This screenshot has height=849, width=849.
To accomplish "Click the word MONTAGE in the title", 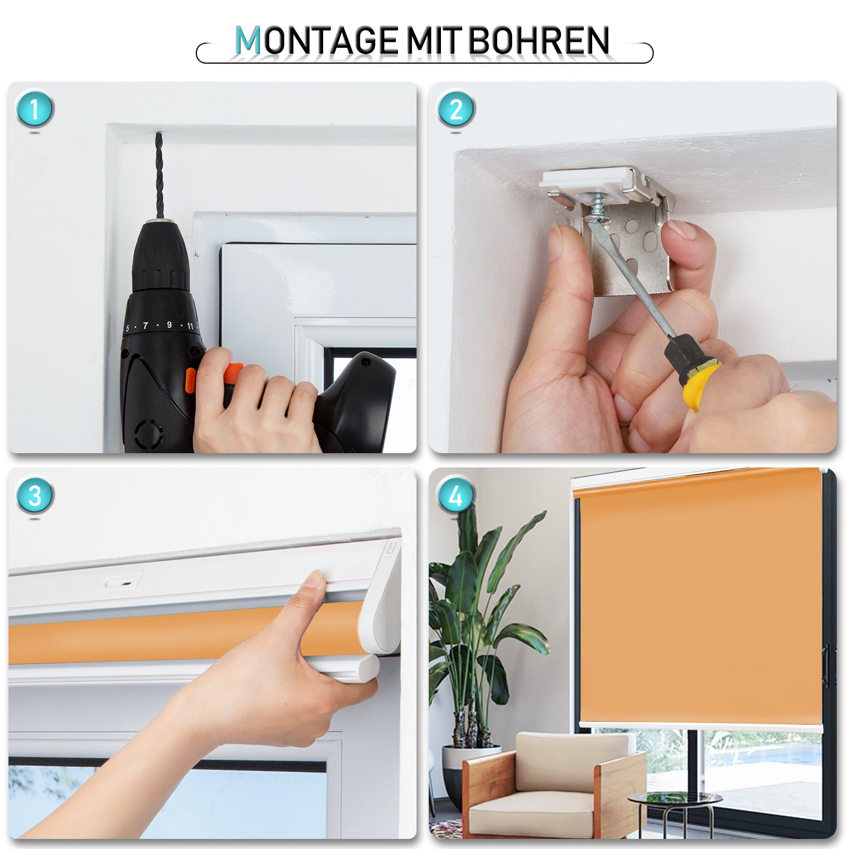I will tap(316, 41).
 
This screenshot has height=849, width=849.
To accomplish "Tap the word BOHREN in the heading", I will tap(538, 41).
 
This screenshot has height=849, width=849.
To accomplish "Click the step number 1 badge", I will tap(35, 110).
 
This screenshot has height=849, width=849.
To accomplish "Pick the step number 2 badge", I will tap(456, 110).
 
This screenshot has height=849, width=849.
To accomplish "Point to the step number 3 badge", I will tap(35, 496).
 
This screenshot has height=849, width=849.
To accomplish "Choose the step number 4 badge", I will tap(456, 496).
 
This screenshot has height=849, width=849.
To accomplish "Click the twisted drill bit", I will tap(159, 175).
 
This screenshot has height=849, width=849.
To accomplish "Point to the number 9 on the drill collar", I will tap(169, 325).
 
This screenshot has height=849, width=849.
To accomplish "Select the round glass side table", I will tap(674, 799).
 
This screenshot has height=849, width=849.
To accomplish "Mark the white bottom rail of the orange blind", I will tap(700, 726).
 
